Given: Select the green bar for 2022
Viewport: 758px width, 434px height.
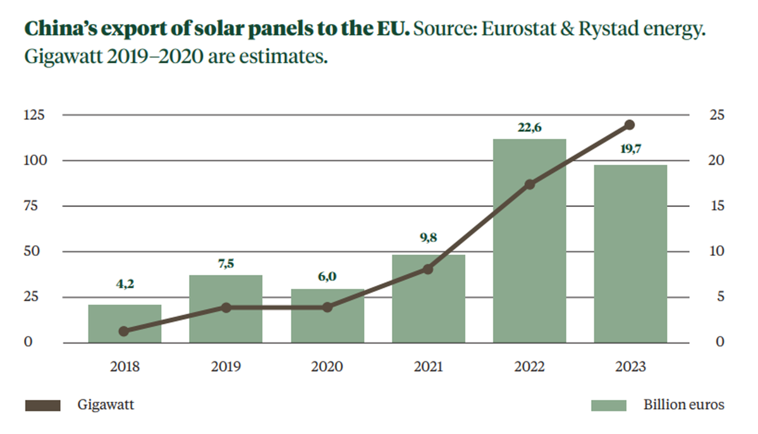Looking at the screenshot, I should coord(529,253).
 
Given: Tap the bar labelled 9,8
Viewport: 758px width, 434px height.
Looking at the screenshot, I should coord(428,303).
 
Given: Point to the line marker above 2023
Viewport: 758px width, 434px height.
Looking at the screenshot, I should coord(630,124).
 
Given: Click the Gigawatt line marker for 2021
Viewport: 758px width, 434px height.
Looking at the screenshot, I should coord(428,269).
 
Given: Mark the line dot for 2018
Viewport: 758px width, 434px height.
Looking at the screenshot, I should coord(125,331).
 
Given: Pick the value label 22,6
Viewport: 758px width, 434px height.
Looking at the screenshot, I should coord(529,128).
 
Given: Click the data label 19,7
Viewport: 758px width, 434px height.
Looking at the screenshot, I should coord(630,152).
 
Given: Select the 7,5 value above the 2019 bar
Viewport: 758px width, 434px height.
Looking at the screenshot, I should coord(226,264).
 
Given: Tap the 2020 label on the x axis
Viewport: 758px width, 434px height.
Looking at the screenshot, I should coord(327,367).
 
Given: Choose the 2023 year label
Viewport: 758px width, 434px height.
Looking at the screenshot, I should coord(630,367).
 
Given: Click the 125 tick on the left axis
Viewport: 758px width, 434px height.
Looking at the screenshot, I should coord(35,115).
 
